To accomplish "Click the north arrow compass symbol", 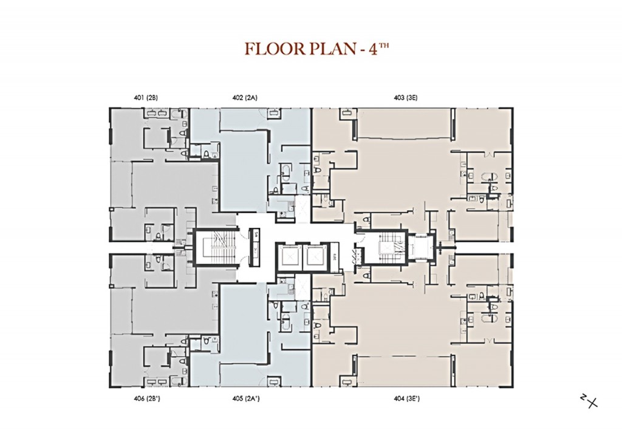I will [589, 401].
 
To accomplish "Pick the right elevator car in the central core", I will [316, 257].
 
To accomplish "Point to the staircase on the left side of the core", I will [214, 248].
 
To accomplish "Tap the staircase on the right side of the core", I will [384, 248].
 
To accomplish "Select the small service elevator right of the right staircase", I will [418, 247].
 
